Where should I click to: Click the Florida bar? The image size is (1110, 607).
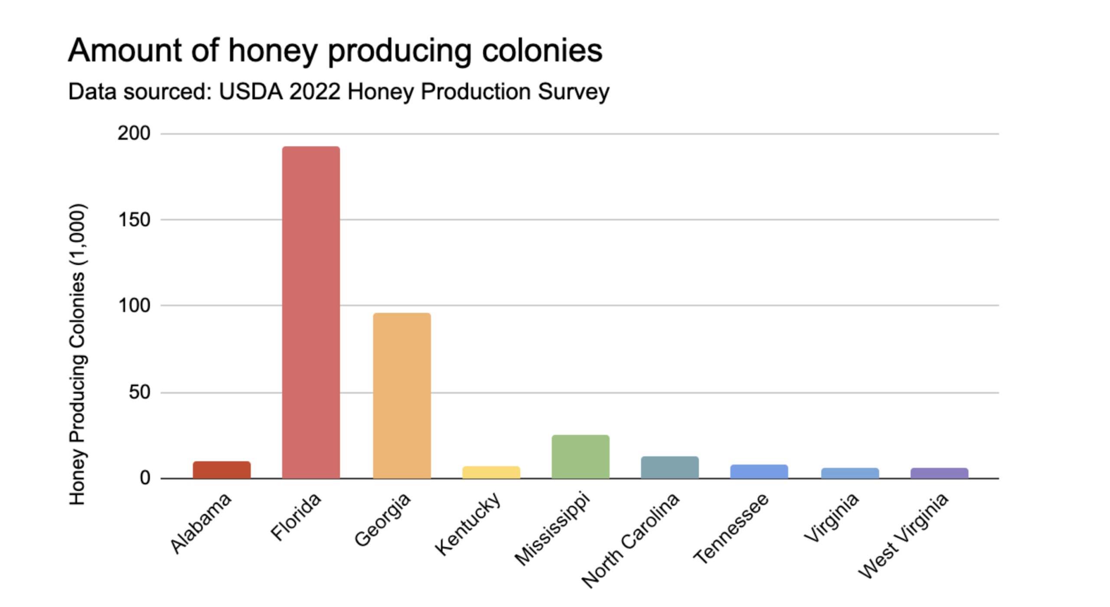311,312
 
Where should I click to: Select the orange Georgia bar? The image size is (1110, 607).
402,395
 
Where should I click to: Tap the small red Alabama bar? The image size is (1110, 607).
222,470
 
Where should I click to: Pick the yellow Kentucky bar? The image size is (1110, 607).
491,472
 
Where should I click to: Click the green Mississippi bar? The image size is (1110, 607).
581,457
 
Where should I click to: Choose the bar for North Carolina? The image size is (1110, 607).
670,467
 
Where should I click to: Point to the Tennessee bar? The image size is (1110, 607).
759,471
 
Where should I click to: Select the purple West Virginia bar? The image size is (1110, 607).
939,473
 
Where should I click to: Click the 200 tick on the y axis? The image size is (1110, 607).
134,133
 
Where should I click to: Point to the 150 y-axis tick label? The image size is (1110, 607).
134,220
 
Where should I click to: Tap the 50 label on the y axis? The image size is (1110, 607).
140,392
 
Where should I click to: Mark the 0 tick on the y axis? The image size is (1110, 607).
145,478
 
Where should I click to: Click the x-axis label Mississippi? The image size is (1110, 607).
552,529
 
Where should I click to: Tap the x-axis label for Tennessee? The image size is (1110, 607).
731,528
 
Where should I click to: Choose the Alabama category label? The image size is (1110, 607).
201,523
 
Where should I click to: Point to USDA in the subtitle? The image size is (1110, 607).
251,91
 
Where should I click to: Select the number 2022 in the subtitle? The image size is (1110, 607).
315,91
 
